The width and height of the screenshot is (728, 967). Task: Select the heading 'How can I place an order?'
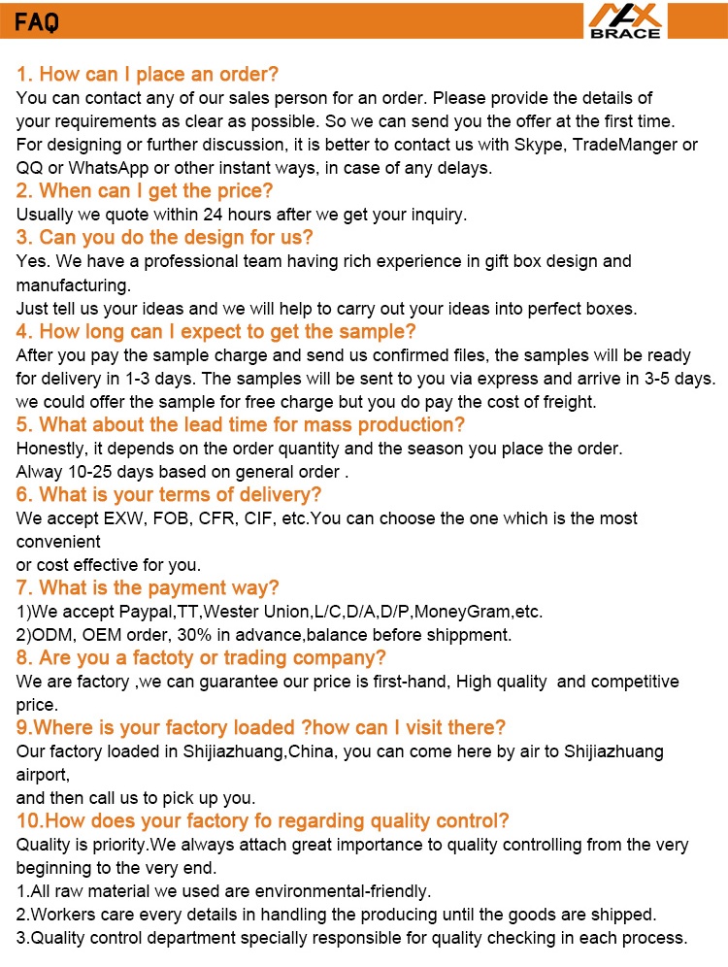(x=148, y=75)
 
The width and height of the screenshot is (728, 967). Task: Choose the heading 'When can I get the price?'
(x=145, y=191)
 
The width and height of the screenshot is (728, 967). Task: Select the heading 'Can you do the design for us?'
(x=164, y=238)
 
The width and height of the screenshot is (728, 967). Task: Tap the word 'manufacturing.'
(x=73, y=285)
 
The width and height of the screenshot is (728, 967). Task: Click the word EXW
(x=119, y=518)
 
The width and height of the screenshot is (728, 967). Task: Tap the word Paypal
(x=147, y=612)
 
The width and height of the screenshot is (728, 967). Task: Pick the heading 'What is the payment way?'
(x=148, y=588)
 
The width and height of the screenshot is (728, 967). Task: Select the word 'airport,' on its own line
(x=44, y=775)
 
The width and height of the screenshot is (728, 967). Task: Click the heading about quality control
(x=263, y=821)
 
